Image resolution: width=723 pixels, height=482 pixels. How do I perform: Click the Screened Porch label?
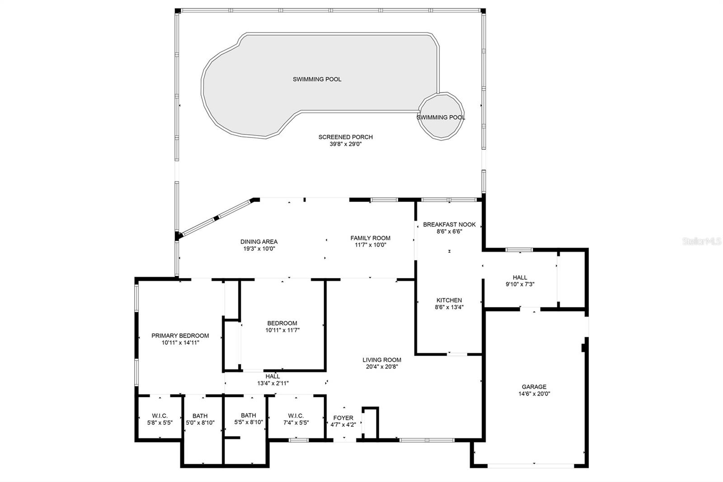pos(345,137)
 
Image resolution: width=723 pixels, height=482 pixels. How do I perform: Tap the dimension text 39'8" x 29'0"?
pos(345,144)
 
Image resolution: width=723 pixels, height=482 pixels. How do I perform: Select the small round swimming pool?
pos(441,116)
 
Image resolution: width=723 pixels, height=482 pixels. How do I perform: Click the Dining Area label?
pos(259,241)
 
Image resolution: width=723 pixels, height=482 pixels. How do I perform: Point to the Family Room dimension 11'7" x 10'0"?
pos(371,245)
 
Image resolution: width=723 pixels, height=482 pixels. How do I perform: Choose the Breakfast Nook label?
pos(449,225)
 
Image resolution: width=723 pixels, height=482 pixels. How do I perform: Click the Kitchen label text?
pos(449,300)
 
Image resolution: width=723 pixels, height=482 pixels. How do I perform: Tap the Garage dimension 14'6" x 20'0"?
pos(534,394)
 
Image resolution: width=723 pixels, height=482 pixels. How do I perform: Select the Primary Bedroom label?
pos(180,336)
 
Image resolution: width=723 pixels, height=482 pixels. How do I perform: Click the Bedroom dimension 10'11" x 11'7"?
pos(282,330)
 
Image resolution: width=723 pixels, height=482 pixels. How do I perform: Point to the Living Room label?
pos(382,360)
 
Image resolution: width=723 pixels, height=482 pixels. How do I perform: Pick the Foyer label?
pos(343,418)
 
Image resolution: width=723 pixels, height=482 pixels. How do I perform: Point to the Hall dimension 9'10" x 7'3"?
pos(520,284)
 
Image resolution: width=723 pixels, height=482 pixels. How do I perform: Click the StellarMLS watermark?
pos(702,241)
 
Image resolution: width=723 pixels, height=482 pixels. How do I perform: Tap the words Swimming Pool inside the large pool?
pos(317,79)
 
